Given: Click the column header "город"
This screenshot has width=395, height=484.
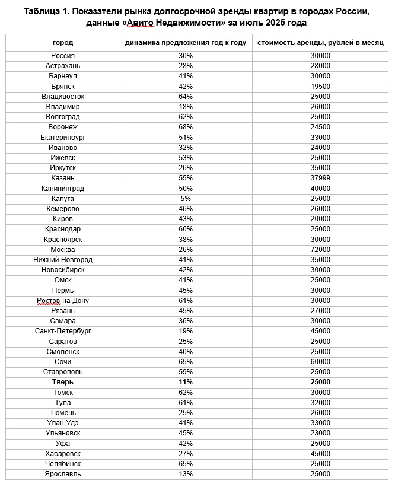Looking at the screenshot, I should coord(63,43).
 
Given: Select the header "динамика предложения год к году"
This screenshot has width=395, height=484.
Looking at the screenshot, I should coord(185,43).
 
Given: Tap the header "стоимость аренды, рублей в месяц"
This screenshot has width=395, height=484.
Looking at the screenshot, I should coord(320,43).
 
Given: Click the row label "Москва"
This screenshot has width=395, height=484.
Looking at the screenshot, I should coord(63,250).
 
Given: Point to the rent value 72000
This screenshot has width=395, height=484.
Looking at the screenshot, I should coord(320,250).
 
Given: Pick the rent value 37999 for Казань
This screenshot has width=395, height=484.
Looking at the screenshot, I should coord(320,178).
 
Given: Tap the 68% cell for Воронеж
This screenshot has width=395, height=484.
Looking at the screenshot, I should coord(185,127).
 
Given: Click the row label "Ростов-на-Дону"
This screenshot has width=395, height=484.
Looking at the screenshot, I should coord(63,301).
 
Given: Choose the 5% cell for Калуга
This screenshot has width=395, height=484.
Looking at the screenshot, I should coord(185,199).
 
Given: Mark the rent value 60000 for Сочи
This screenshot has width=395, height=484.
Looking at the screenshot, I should coord(320,362).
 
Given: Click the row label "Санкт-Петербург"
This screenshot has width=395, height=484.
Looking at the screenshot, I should coord(63,331).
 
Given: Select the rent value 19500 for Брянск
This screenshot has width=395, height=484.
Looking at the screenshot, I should coord(320,86).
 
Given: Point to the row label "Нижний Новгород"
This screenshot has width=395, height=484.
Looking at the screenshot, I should coord(63,260).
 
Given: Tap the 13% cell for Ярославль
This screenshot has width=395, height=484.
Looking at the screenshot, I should coord(185,474).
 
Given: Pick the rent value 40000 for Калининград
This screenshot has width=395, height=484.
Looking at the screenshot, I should coord(320,189).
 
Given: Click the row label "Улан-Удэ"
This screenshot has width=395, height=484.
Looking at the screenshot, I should coord(63,423).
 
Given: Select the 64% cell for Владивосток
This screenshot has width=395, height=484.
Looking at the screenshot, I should coord(185,96).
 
